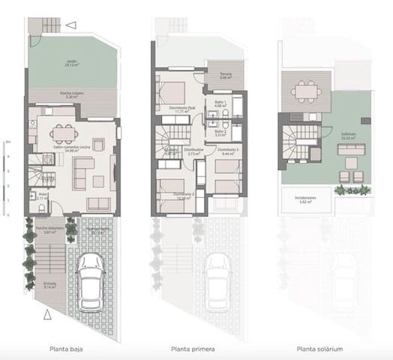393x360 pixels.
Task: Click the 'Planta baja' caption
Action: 71,349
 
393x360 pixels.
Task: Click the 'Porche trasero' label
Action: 71,95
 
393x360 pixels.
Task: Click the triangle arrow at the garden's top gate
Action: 70,25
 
